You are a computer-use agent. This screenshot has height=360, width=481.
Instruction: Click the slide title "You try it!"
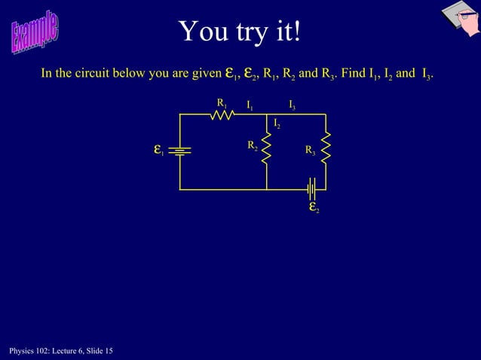[240, 32]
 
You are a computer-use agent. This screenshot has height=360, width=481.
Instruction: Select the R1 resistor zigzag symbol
[221, 114]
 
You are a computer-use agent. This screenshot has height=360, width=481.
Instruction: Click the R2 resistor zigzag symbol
[267, 149]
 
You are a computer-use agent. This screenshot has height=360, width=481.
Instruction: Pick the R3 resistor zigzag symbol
[326, 148]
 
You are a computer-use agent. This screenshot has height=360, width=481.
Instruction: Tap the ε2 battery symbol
[312, 188]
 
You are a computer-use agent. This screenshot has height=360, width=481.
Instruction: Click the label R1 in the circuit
[222, 102]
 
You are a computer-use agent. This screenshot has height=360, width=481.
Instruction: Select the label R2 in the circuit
[253, 145]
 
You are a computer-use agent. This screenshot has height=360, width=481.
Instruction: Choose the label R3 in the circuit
[310, 151]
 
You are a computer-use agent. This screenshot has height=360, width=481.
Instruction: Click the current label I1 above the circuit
[250, 105]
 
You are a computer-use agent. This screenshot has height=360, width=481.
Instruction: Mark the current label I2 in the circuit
[277, 123]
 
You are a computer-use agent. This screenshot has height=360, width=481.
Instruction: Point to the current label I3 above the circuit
[292, 105]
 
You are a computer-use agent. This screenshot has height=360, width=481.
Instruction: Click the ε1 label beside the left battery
[158, 150]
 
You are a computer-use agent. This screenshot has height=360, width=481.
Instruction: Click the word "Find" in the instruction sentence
[354, 74]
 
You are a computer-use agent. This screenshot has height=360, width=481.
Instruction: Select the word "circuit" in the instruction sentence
[104, 74]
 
